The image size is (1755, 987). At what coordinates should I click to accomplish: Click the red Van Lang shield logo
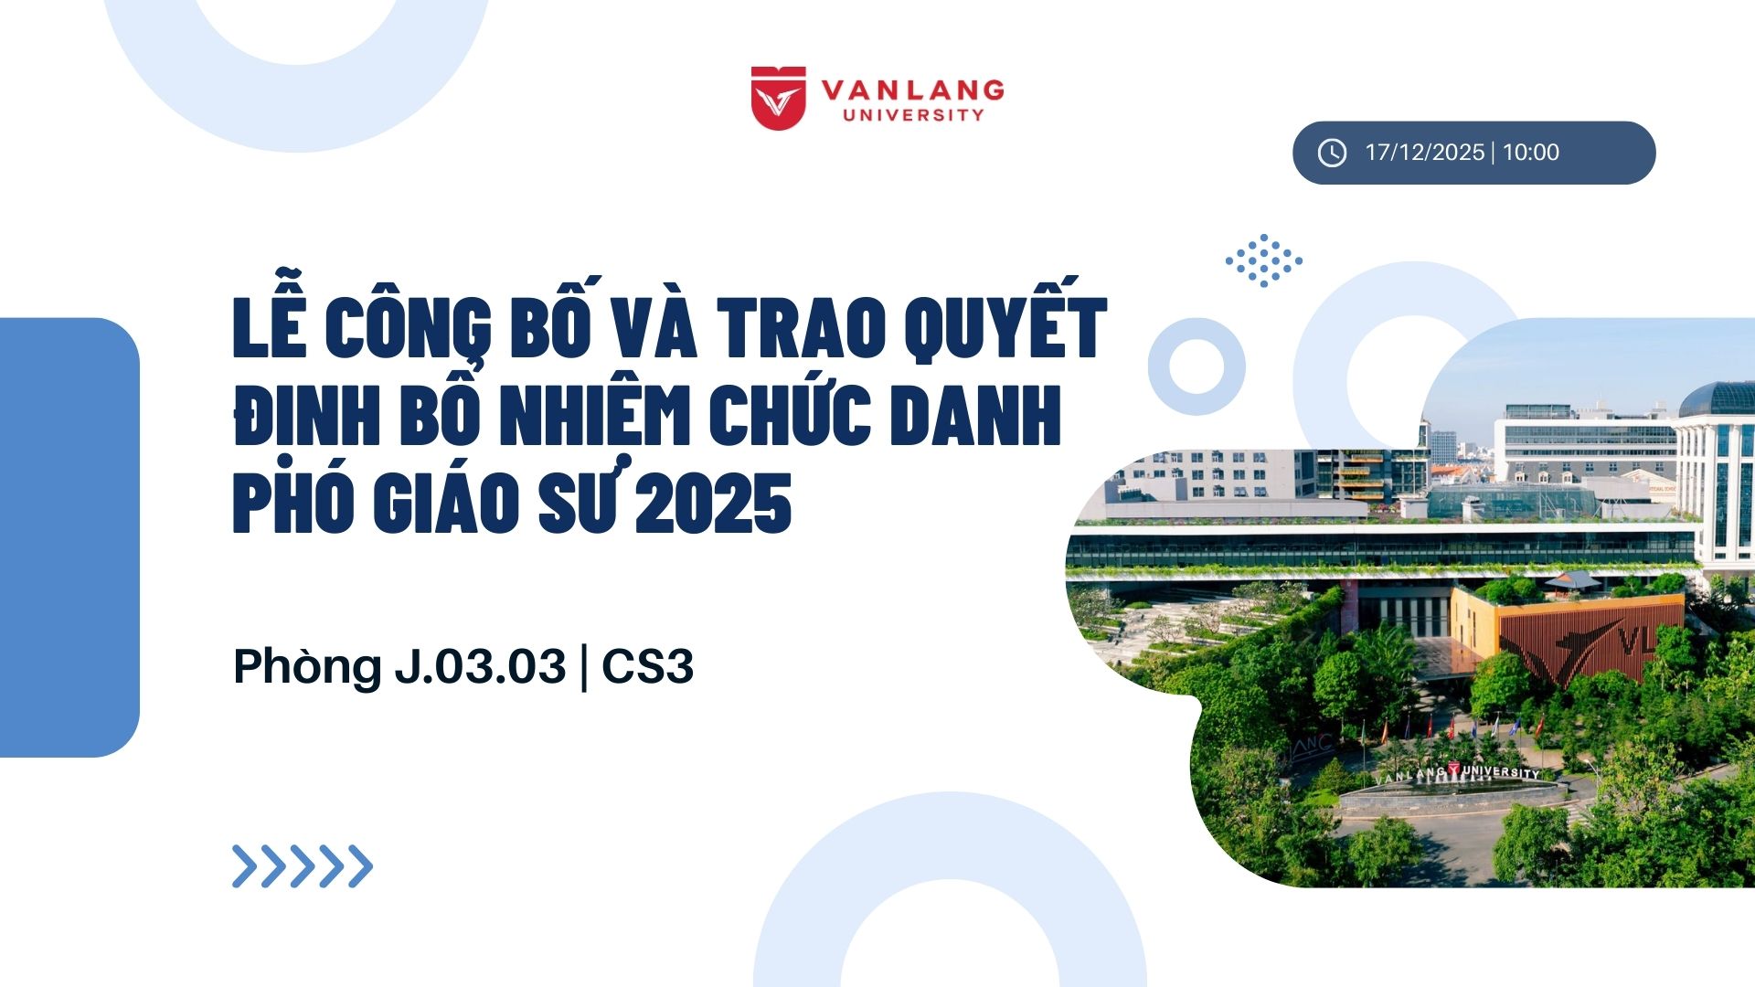pos(778,98)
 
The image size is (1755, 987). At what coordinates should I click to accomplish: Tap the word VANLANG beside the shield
pos(913,90)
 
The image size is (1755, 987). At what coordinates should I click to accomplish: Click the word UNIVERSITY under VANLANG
pos(913,115)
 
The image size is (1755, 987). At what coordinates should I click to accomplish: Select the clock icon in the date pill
pos(1332,153)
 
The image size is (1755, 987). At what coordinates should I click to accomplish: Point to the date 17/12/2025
pos(1424,153)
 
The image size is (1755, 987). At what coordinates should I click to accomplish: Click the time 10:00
pos(1531,153)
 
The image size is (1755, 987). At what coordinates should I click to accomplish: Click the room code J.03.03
pos(481,666)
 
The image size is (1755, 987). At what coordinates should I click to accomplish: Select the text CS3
pos(648,666)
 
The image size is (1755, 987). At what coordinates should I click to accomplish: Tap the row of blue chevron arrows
pos(303,866)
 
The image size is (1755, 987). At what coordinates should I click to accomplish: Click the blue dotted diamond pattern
pos(1264,260)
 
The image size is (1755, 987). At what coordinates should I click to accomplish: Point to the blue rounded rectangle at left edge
pos(69,537)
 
